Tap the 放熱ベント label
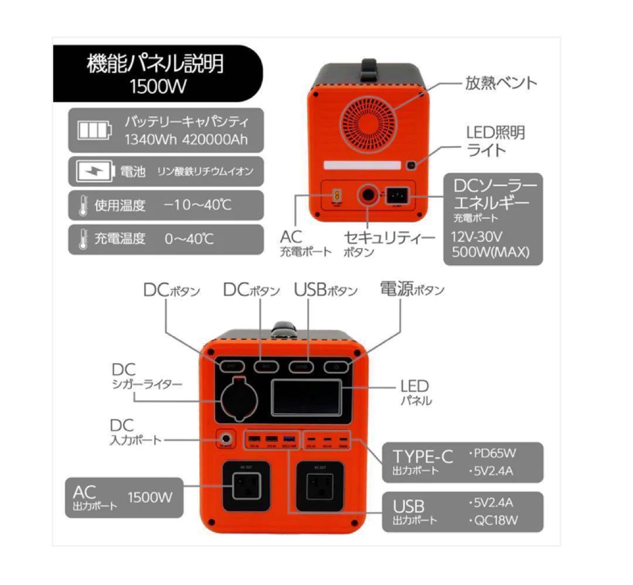coord(501,83)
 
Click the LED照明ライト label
coord(495,141)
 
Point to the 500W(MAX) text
coord(491,253)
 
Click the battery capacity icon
coord(94,130)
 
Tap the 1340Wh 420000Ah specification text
coord(185,140)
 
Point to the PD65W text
coord(495,453)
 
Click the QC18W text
coord(495,520)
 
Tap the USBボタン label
coord(325,290)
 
